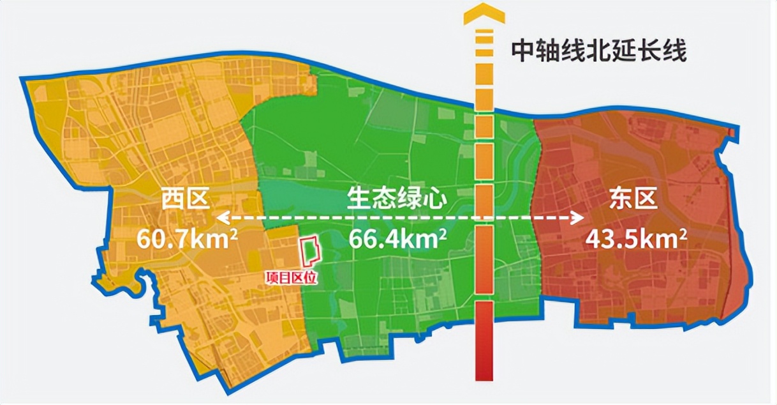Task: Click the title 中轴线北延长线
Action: (x=598, y=52)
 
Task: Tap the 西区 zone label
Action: (x=185, y=200)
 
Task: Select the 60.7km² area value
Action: (x=188, y=238)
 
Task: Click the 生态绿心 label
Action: (x=397, y=200)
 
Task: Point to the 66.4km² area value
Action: (x=397, y=239)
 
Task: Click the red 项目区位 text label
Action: (x=292, y=278)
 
